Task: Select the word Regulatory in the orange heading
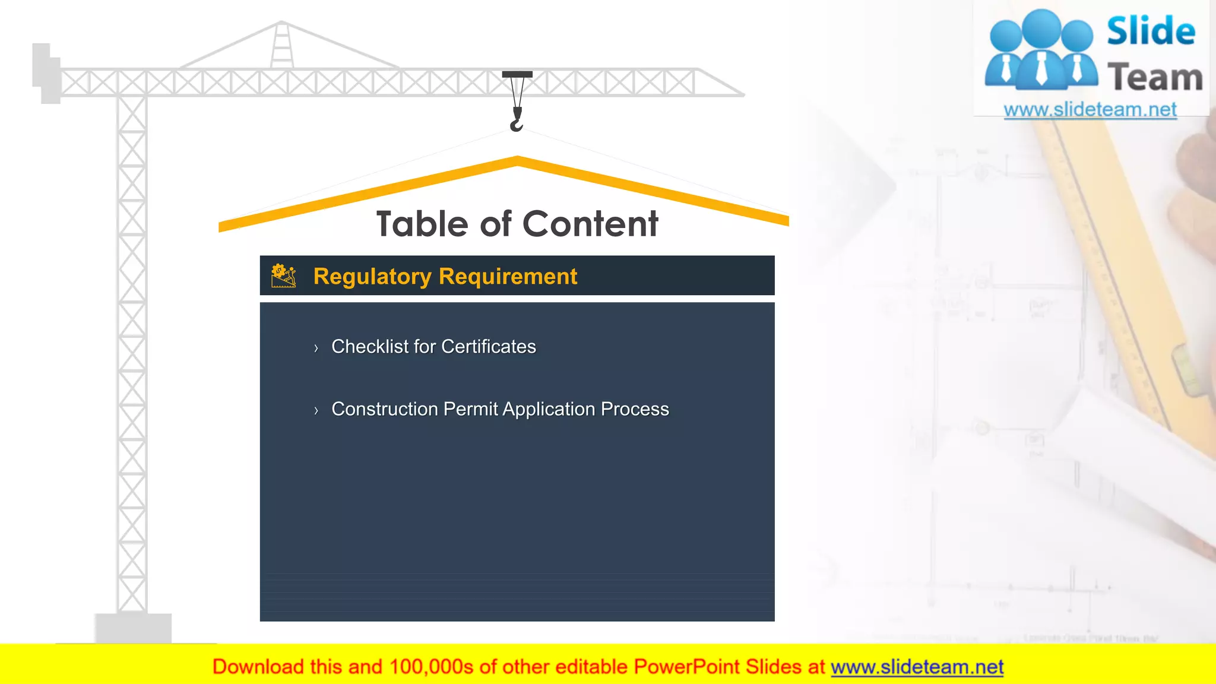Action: click(372, 277)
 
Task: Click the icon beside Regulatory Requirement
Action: click(283, 276)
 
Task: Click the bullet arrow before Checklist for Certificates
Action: click(316, 348)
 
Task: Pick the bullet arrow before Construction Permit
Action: click(316, 410)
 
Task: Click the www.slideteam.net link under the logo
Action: click(1090, 110)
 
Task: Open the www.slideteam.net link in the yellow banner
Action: click(917, 667)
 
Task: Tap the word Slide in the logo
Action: click(1151, 31)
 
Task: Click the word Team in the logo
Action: click(1155, 78)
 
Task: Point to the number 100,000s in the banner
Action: click(431, 667)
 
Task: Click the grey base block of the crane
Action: click(133, 628)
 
